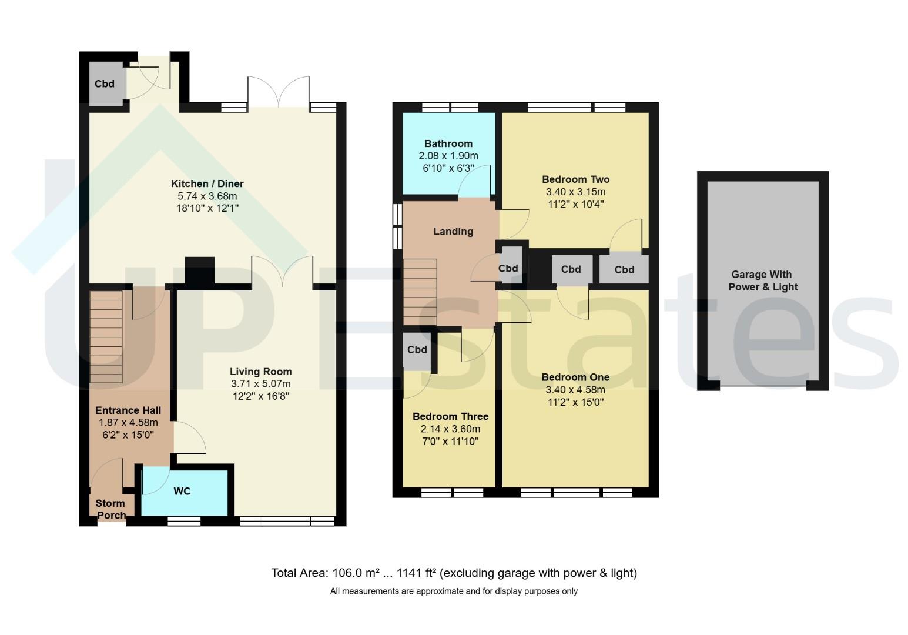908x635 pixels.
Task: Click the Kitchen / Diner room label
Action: click(x=207, y=183)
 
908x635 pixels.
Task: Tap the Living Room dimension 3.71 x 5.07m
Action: click(x=260, y=384)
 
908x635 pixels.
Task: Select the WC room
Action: click(x=185, y=492)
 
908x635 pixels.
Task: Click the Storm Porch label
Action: click(x=110, y=509)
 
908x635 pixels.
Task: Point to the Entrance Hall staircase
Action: click(x=106, y=336)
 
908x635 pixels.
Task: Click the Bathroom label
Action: click(x=448, y=143)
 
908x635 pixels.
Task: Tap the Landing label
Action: click(x=453, y=232)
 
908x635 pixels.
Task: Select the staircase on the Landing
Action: click(x=420, y=292)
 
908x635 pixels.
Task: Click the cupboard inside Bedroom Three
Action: click(x=417, y=351)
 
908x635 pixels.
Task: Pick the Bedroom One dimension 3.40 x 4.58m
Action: click(x=575, y=390)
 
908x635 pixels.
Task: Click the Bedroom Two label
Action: click(x=575, y=179)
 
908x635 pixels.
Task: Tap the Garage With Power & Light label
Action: click(x=763, y=280)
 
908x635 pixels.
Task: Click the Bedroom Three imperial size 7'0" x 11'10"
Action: click(x=450, y=441)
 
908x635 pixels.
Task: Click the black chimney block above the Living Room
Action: click(x=199, y=270)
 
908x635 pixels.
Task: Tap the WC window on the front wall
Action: click(x=184, y=521)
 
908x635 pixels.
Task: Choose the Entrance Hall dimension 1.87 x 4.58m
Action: click(x=128, y=423)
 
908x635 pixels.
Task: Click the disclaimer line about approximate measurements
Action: click(x=454, y=591)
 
